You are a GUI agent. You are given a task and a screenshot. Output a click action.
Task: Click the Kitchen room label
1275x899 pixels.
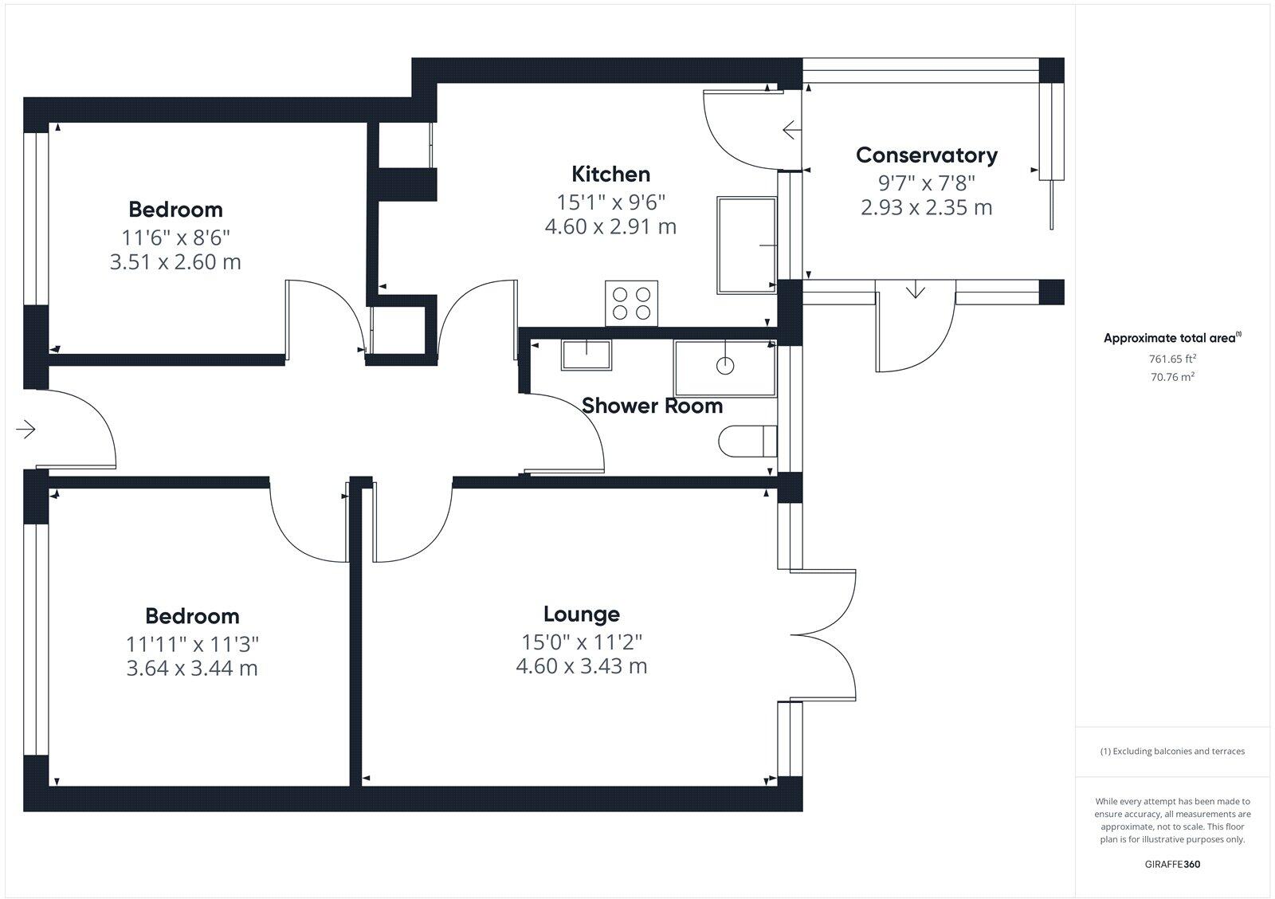pos(610,174)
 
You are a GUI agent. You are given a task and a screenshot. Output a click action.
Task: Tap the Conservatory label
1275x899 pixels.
pos(926,155)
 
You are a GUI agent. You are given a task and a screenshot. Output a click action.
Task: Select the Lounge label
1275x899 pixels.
pos(581,614)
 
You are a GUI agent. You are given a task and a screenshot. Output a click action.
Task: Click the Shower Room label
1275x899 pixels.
pos(652,406)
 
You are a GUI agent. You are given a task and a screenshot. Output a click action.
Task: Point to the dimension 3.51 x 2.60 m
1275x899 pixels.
pos(175,261)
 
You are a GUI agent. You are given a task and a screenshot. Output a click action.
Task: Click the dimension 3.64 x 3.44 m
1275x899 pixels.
pos(192,668)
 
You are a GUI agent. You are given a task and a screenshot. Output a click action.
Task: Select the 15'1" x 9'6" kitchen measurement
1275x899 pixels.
pos(610,201)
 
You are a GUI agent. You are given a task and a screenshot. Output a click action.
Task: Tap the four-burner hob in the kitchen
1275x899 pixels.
pos(631,303)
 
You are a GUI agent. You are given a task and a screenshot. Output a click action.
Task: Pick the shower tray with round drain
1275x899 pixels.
pos(724,367)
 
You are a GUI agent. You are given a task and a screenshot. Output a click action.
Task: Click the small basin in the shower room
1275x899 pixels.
pos(586,355)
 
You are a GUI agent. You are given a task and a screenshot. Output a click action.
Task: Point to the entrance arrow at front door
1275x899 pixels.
pos(26,430)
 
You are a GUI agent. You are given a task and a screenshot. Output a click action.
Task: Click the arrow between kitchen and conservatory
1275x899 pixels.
pos(791,129)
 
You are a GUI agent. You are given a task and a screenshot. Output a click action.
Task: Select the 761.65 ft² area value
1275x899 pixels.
pos(1172,359)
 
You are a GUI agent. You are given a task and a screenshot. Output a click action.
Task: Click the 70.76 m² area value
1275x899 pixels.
pos(1172,377)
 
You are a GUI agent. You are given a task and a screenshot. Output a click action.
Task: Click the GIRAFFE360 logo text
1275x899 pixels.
pos(1172,864)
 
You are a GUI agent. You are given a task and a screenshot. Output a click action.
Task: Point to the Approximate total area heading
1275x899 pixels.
pos(1171,338)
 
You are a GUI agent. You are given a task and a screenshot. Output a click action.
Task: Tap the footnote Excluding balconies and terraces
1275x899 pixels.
pos(1172,751)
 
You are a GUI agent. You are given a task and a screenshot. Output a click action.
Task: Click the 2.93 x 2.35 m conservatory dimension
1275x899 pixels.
pos(926,208)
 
